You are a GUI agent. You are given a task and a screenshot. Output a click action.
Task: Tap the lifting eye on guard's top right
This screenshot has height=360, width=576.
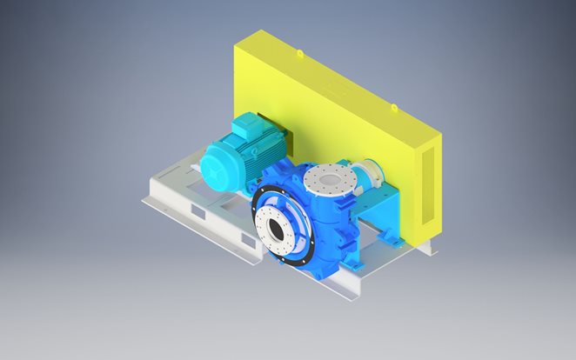coord(393,108)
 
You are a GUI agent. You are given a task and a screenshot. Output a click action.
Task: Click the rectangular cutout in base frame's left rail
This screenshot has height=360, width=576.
coord(197,211)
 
